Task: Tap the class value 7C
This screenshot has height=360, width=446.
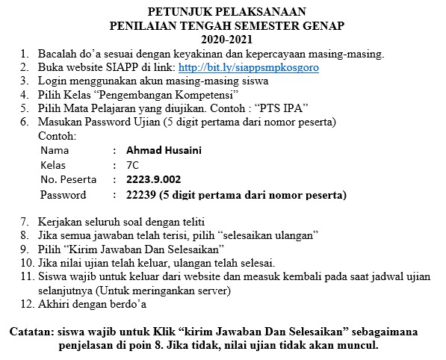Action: (x=133, y=165)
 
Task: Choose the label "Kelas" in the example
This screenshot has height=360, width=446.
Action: (x=53, y=165)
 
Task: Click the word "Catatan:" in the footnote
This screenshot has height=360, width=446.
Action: (x=36, y=331)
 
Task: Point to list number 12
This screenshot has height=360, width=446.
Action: (x=27, y=304)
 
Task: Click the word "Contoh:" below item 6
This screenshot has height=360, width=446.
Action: (x=57, y=137)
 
